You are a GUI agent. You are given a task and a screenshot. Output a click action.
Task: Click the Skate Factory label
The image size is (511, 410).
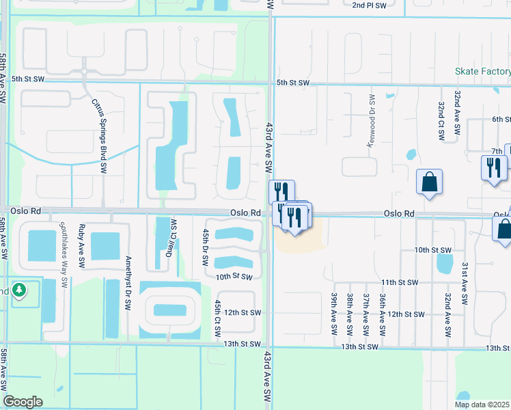pyautogui.click(x=483, y=71)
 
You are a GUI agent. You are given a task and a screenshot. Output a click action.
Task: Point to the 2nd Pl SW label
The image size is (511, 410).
pyautogui.click(x=369, y=5)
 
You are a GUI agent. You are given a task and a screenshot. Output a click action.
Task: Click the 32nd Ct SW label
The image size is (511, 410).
pyautogui.click(x=441, y=119)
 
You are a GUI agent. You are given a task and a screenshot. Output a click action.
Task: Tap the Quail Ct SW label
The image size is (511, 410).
pyautogui.click(x=173, y=236)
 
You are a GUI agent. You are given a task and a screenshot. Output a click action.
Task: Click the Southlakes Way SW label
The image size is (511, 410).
pyautogui.click(x=64, y=253)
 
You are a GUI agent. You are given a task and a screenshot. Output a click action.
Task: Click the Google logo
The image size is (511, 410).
pyautogui.click(x=23, y=402)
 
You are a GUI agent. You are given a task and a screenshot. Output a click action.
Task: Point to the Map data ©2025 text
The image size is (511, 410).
pyautogui.click(x=482, y=405)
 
